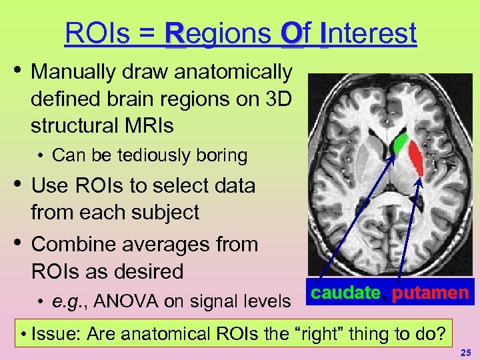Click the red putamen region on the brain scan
click(x=416, y=159)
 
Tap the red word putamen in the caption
click(x=430, y=293)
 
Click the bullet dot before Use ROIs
click(x=18, y=185)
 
